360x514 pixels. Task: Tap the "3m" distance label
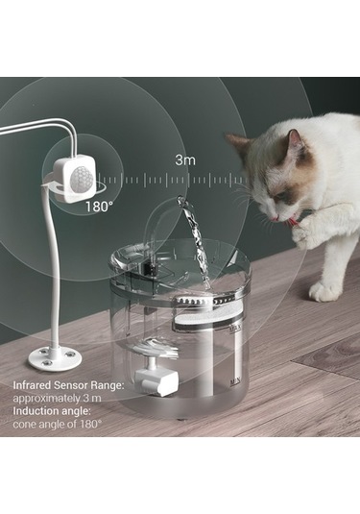187,160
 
